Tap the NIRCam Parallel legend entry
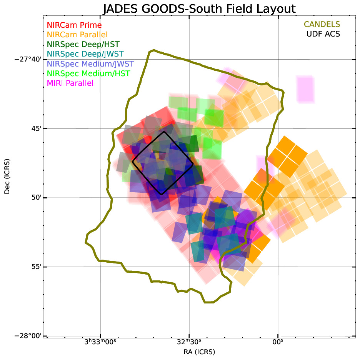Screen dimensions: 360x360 77,35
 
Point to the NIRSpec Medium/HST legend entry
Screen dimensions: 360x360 88,73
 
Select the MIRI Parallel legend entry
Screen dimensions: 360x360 70,83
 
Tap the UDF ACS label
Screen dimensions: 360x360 323,34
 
